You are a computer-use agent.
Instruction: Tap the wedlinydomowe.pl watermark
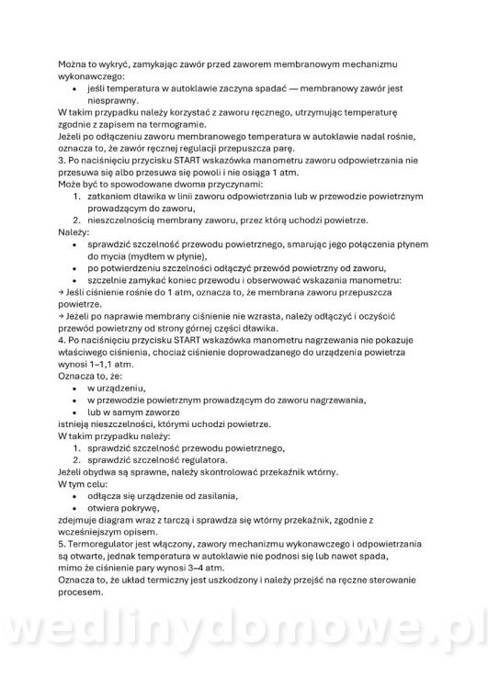click(244, 654)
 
